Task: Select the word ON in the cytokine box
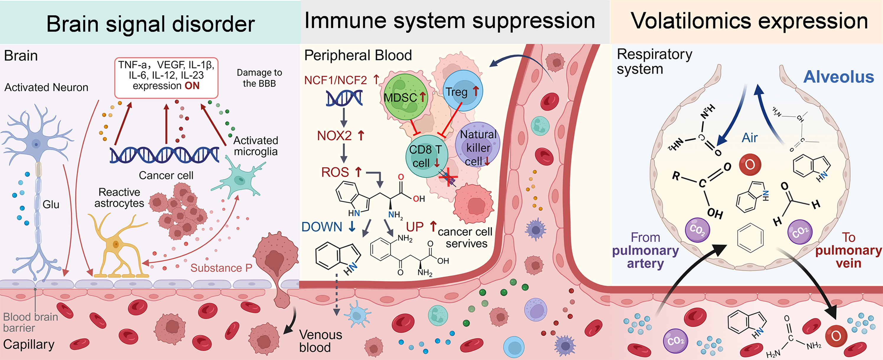[192, 86]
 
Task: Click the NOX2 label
[334, 136]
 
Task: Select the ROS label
[335, 172]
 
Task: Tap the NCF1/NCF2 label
[336, 80]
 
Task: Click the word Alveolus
[838, 77]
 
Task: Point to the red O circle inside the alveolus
[750, 165]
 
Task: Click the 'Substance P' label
[221, 268]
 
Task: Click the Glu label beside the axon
[51, 205]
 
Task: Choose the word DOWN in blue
[322, 227]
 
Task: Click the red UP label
[415, 227]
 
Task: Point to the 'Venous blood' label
[320, 341]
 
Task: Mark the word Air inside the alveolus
[750, 138]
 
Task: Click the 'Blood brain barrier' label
[30, 322]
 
